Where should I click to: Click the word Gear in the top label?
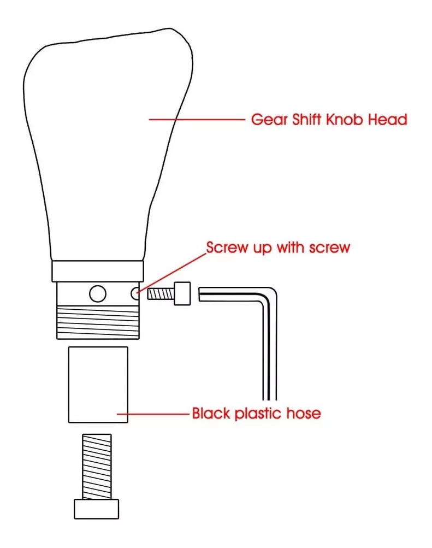(x=270, y=120)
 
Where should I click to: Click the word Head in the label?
(x=388, y=119)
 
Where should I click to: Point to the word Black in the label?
(x=211, y=413)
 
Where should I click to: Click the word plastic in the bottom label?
(x=258, y=414)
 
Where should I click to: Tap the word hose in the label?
(x=304, y=413)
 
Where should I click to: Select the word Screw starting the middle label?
(x=227, y=248)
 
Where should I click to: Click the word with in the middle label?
(x=290, y=247)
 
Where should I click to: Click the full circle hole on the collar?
(x=98, y=293)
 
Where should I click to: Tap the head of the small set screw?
(x=182, y=293)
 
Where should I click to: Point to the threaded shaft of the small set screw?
(x=161, y=294)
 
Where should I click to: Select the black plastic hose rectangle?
(x=98, y=385)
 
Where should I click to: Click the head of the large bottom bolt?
(x=96, y=509)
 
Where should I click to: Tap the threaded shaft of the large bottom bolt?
(x=97, y=467)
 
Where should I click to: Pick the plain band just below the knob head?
(x=98, y=271)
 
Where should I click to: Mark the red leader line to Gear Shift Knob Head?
(x=197, y=120)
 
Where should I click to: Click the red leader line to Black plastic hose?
(x=153, y=414)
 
